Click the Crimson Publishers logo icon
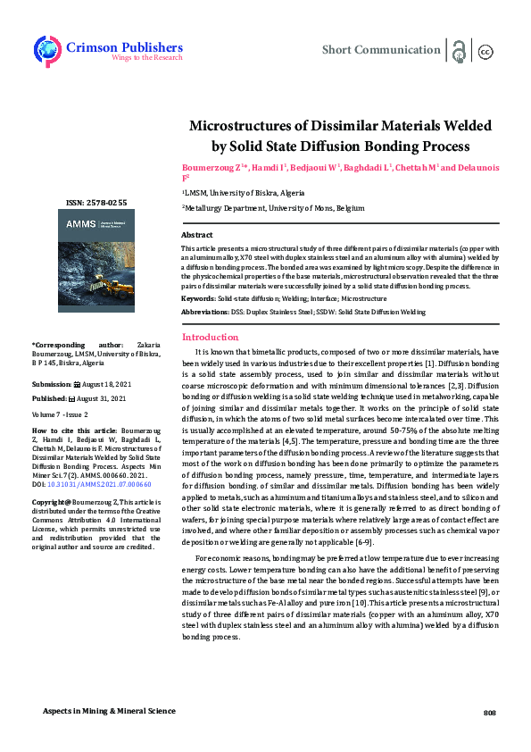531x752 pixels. [46, 49]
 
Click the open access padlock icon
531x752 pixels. [459, 50]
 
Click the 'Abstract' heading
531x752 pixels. [196, 234]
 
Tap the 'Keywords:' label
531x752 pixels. [199, 297]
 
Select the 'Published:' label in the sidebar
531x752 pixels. [50, 399]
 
